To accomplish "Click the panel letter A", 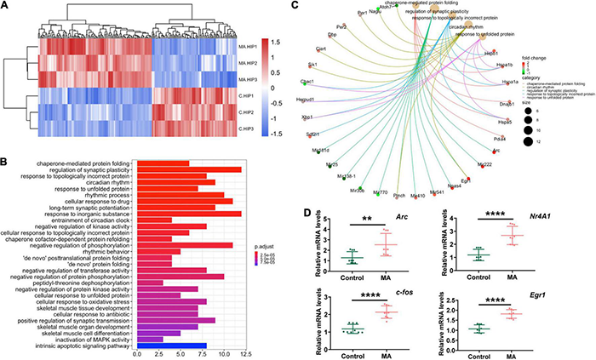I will click(8, 8).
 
